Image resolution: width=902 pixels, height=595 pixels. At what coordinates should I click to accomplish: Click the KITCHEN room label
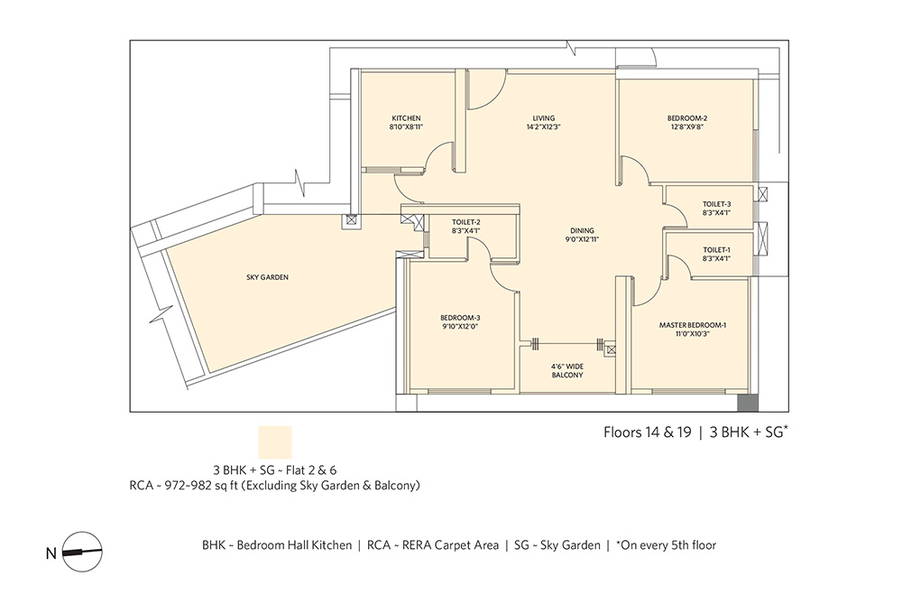(x=406, y=118)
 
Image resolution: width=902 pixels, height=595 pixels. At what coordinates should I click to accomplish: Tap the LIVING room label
(x=544, y=118)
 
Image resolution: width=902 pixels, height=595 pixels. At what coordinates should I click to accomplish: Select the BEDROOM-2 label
(x=687, y=118)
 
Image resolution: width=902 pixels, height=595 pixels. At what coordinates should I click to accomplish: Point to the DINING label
(x=582, y=231)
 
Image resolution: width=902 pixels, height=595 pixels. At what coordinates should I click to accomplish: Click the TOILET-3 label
(x=717, y=204)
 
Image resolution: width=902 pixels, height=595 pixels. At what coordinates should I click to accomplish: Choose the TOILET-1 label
(x=717, y=250)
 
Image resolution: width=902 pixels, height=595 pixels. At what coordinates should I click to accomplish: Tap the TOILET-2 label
(x=466, y=222)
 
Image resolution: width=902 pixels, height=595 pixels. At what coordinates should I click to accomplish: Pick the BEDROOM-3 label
(x=460, y=318)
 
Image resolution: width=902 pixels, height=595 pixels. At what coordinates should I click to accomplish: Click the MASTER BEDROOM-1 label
(x=693, y=325)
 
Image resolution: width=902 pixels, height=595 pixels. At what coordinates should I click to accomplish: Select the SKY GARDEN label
(x=268, y=277)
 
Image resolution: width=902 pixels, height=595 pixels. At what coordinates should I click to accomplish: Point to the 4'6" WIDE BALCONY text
(x=567, y=371)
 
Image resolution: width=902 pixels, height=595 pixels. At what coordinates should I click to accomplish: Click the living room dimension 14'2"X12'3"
(x=544, y=126)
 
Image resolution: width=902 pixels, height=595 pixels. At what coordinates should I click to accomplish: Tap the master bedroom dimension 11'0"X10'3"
(x=693, y=333)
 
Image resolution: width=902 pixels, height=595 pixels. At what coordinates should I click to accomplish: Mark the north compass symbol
(x=82, y=552)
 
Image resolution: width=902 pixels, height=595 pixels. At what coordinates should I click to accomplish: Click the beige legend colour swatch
(x=275, y=442)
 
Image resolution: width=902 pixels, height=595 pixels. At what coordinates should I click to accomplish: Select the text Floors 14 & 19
(x=647, y=432)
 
